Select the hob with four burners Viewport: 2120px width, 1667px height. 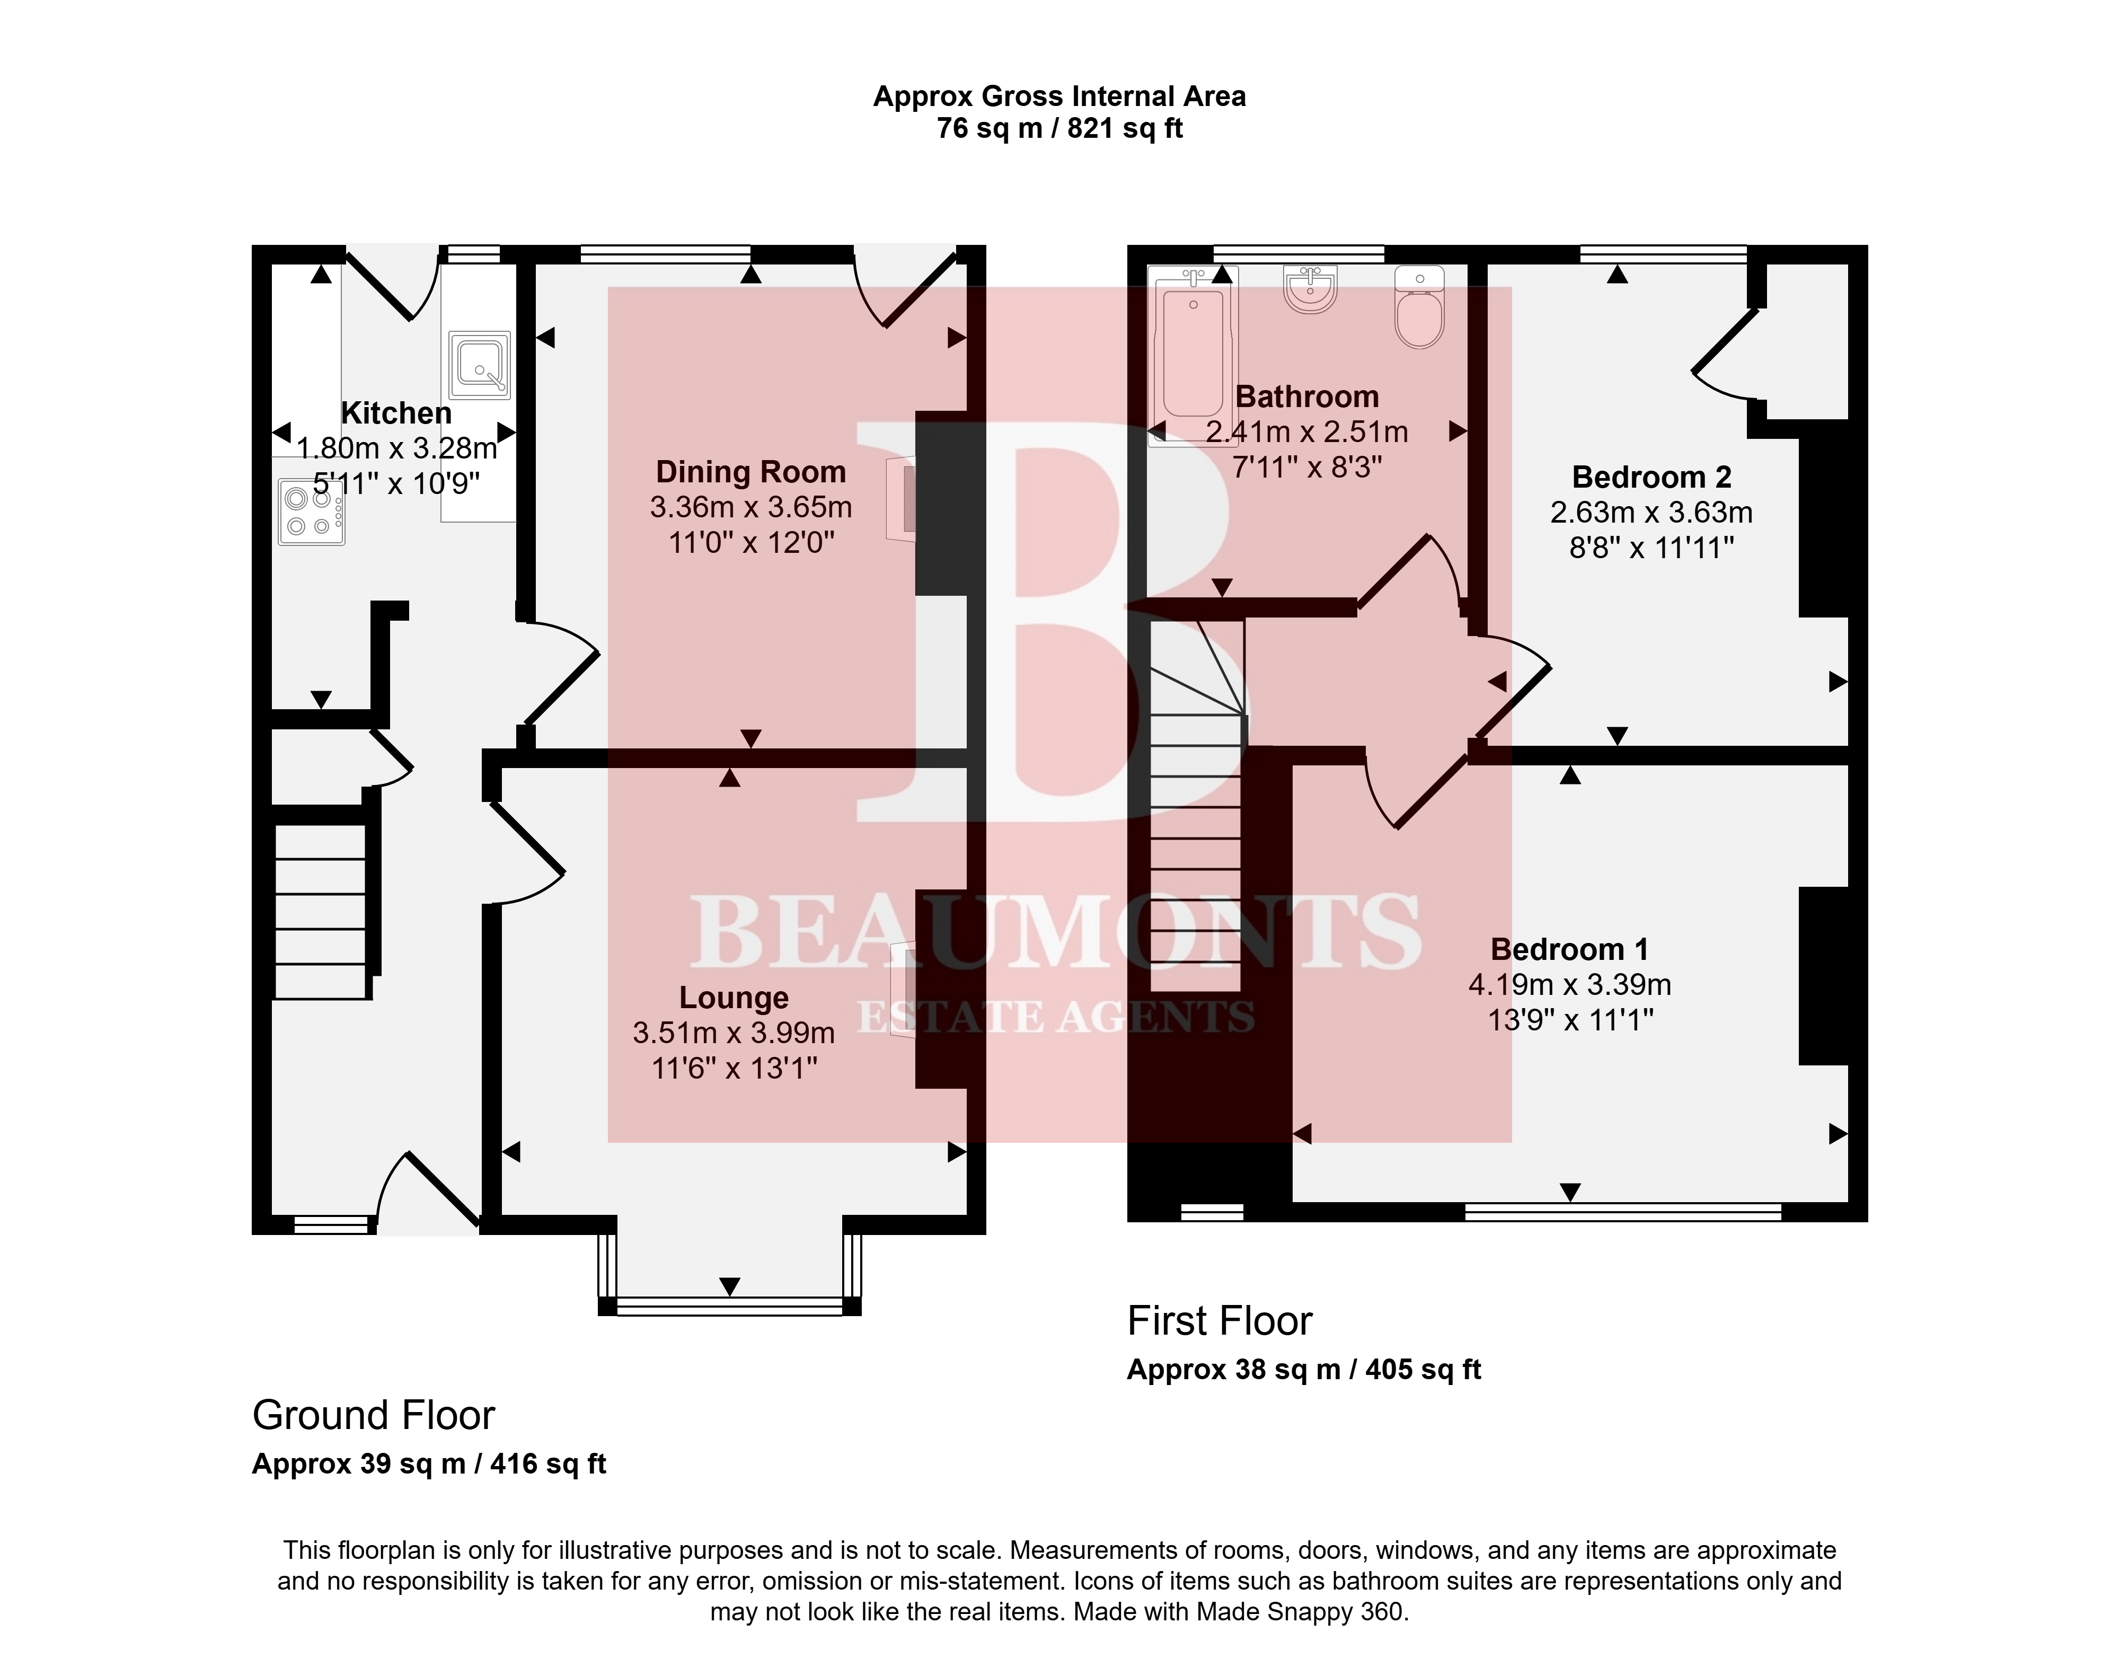(x=311, y=511)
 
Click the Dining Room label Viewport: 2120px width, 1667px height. (x=750, y=472)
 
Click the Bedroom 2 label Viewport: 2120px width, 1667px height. (x=1651, y=477)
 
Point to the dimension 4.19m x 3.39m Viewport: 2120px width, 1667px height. (x=1569, y=985)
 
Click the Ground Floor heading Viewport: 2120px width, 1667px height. (x=374, y=1415)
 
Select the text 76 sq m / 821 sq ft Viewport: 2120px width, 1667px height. (x=1060, y=129)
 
